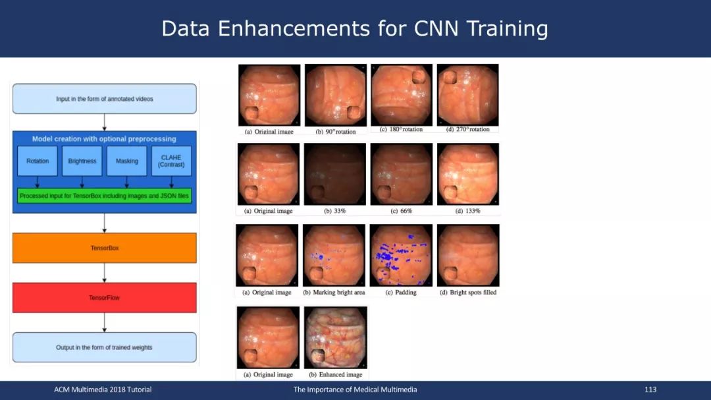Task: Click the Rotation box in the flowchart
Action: point(37,161)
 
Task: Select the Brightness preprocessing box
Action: point(82,161)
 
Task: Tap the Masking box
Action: point(126,161)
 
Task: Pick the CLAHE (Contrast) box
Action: point(171,161)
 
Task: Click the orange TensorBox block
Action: point(104,248)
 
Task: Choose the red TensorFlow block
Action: point(104,298)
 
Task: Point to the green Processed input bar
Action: point(104,196)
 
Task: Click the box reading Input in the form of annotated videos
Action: point(104,99)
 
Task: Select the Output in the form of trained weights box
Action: point(104,347)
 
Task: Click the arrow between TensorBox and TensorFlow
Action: point(104,273)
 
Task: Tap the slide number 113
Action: point(650,389)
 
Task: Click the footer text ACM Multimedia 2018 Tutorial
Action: point(103,389)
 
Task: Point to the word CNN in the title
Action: point(436,28)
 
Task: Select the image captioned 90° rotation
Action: point(336,95)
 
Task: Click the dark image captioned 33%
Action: point(334,175)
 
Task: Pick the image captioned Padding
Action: point(401,255)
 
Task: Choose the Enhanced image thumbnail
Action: point(336,337)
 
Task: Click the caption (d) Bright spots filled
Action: point(468,293)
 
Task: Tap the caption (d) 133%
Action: point(467,211)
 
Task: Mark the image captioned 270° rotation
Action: point(467,95)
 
